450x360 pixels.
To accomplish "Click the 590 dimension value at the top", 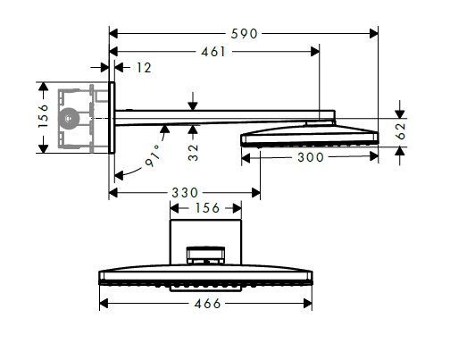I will point(244,33).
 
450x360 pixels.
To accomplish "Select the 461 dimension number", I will point(212,51).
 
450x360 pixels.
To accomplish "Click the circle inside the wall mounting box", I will point(70,117).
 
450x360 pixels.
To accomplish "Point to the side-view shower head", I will point(308,135).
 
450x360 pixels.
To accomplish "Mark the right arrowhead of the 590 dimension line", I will point(373,33).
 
